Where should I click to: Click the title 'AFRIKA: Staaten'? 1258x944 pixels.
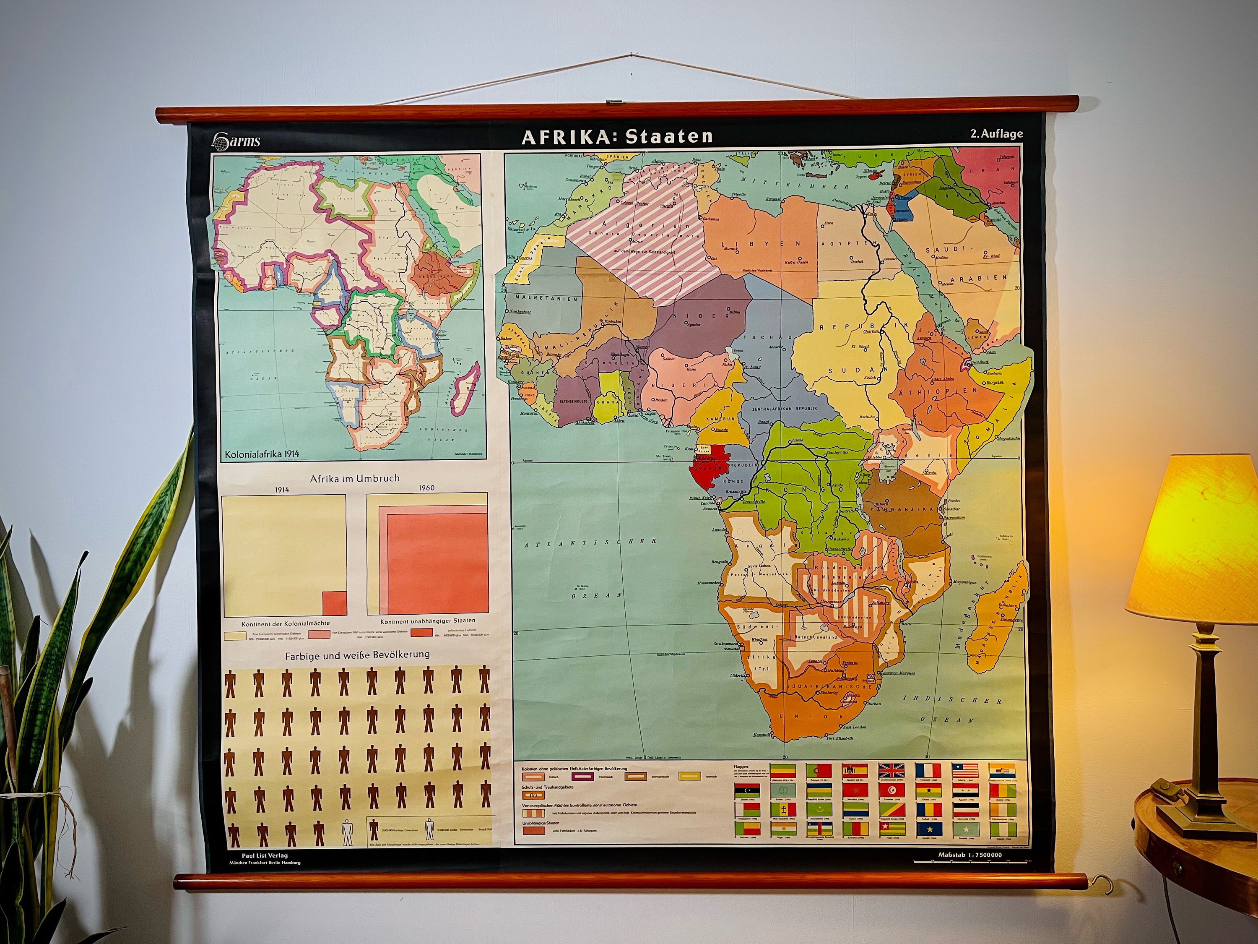[x=617, y=136]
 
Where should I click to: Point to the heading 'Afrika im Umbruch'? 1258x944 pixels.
[x=354, y=479]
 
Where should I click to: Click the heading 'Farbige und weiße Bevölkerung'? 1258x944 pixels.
[x=357, y=655]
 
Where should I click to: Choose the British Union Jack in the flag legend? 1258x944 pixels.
[x=891, y=771]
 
